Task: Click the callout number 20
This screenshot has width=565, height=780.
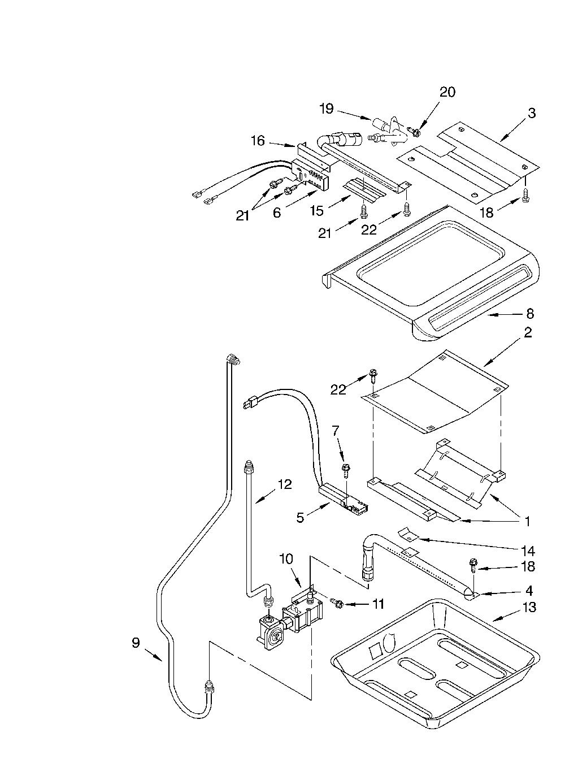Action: pos(447,92)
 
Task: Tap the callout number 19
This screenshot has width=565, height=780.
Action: pos(327,109)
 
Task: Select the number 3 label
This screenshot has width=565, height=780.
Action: pos(531,113)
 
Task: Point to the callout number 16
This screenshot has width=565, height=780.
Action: pos(258,141)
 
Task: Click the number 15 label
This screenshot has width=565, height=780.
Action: pos(317,210)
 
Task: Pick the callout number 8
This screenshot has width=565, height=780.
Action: pos(529,314)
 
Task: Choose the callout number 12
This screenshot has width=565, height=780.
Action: pos(284,484)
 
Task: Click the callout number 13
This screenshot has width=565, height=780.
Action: pos(529,607)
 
